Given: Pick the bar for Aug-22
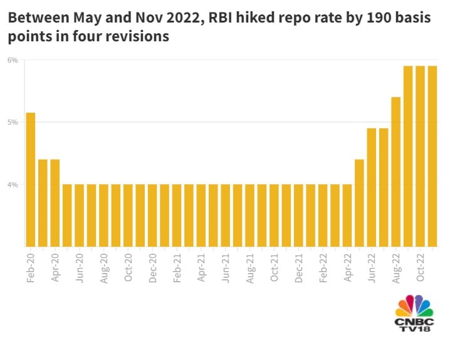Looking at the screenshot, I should pos(396,172).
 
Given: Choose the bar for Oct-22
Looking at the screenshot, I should pos(421,156).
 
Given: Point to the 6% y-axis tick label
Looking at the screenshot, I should pos(13,60).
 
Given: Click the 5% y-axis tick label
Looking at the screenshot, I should pos(13,122).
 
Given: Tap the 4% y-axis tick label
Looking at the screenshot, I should pos(13,184).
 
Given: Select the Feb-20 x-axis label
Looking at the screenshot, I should pos(31,267).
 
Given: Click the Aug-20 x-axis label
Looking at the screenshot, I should pos(104,267).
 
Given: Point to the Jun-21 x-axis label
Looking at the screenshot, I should pos(226,267).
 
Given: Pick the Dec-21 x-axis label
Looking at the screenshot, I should pos(299,267).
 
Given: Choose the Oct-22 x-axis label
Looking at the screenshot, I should pos(421,267).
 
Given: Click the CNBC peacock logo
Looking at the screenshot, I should pos(414,305).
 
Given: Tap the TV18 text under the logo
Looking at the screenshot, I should pos(414,330).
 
